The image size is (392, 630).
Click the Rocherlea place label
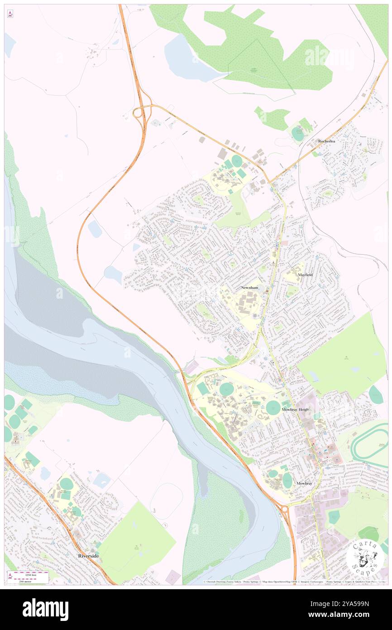[x=326, y=141]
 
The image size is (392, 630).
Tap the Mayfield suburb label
[x=305, y=275]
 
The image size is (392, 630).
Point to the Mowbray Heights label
[x=296, y=409]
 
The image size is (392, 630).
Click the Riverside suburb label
[x=88, y=556]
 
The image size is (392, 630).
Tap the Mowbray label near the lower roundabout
[x=304, y=484]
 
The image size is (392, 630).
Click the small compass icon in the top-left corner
[x=10, y=14]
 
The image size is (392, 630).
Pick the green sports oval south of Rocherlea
[x=297, y=134]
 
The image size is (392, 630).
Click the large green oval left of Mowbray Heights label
[x=273, y=407]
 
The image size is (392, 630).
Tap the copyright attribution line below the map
[x=294, y=582]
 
